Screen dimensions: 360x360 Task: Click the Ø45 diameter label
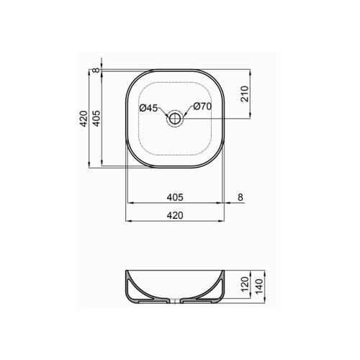tap(148, 108)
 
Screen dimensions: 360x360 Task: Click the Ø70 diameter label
tap(202, 107)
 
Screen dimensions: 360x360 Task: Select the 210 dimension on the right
tap(245, 94)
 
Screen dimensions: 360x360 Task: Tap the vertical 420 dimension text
tap(84, 119)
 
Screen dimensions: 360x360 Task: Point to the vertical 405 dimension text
tap(96, 119)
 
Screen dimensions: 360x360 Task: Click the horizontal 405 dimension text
tap(175, 197)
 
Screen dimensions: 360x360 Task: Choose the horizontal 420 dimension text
tap(175, 215)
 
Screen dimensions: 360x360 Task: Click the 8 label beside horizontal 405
tap(240, 197)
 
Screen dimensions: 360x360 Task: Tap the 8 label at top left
tap(96, 70)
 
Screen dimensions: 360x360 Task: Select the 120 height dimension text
tap(245, 284)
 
